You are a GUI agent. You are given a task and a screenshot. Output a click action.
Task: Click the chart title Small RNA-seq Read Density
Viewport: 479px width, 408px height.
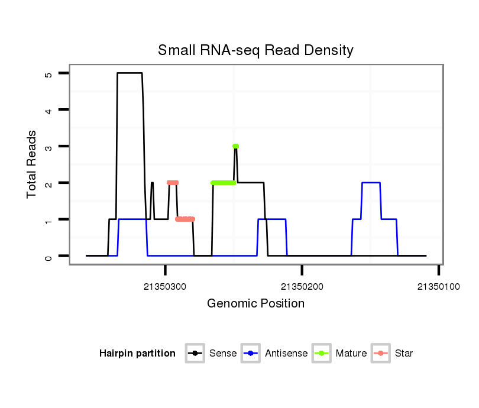pos(255,50)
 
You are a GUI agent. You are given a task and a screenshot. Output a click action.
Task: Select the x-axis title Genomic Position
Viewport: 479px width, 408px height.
pos(255,304)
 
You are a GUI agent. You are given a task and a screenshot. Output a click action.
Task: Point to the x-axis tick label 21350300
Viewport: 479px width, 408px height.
pos(165,287)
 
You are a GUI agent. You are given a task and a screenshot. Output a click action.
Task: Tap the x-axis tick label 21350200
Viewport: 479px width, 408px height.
pos(302,287)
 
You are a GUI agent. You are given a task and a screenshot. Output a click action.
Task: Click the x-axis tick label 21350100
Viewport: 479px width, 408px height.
pos(438,287)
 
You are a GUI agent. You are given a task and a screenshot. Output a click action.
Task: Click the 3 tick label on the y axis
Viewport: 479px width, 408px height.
pos(48,147)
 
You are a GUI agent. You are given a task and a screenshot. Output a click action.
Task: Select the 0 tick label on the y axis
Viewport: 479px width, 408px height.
pos(48,256)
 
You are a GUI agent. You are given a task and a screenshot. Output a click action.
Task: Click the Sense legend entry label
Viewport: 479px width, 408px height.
pos(223,354)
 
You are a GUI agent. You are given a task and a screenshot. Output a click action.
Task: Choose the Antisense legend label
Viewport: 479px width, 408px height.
pos(286,354)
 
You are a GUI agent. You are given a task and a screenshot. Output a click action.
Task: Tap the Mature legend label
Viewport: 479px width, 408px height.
pos(351,354)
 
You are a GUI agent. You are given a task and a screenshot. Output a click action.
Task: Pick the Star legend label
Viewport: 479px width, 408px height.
pos(404,354)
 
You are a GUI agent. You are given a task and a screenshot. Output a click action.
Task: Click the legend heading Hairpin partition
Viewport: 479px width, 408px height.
pos(137,354)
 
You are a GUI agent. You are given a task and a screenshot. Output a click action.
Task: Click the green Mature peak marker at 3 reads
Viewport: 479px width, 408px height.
pos(235,146)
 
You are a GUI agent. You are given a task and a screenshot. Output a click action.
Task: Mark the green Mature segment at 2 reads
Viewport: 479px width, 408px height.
pos(223,183)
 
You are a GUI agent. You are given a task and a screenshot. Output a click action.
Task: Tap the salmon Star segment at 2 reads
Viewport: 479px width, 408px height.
pos(173,183)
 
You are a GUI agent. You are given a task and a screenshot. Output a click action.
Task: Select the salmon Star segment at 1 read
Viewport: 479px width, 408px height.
pos(185,219)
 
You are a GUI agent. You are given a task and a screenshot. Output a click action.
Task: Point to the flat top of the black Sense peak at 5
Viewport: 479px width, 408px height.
pos(130,73)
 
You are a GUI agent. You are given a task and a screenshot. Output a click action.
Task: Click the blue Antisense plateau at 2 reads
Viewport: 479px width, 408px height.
pos(370,183)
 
